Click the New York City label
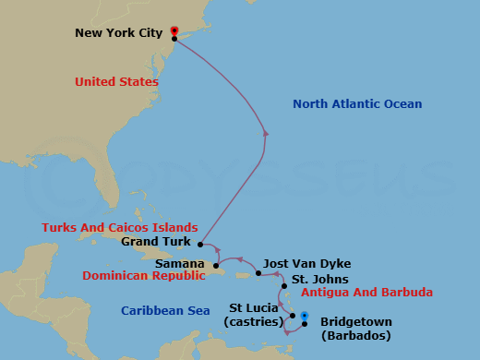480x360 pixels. [119, 34]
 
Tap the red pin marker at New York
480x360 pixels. [174, 31]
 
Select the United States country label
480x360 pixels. [116, 82]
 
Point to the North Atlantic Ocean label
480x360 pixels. [357, 104]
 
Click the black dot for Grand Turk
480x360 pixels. [200, 245]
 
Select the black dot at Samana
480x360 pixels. [218, 267]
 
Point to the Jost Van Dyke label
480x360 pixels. [306, 263]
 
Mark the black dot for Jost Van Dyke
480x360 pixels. [258, 273]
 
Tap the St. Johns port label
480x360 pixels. [320, 279]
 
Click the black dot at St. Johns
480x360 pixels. [283, 286]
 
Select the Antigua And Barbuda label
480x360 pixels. [368, 293]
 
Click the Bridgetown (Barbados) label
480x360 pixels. [355, 329]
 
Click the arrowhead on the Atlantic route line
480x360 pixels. [266, 133]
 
